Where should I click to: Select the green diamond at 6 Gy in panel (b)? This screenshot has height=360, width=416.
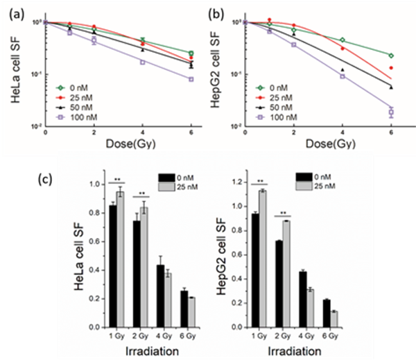tap(391, 55)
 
